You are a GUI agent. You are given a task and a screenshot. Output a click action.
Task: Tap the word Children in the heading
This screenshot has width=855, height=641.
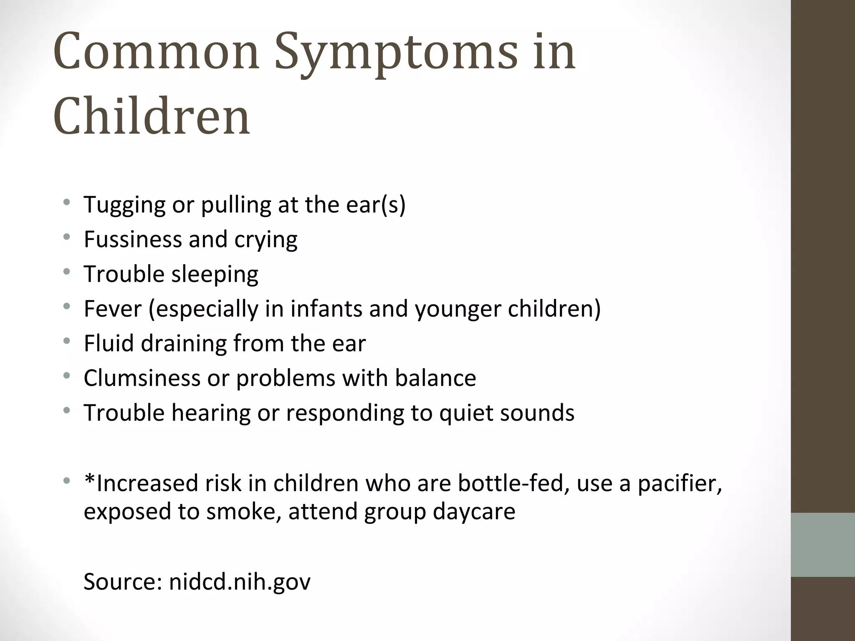(152, 117)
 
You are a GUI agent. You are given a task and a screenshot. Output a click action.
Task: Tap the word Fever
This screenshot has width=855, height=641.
(113, 309)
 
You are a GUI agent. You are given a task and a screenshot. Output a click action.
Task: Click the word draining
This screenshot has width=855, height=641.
(183, 343)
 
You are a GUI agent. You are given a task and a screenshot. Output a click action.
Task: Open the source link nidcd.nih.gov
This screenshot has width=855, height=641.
(240, 581)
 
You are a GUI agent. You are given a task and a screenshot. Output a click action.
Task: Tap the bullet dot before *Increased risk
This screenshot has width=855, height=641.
(67, 481)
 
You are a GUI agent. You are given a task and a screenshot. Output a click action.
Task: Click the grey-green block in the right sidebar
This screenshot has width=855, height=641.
(823, 545)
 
